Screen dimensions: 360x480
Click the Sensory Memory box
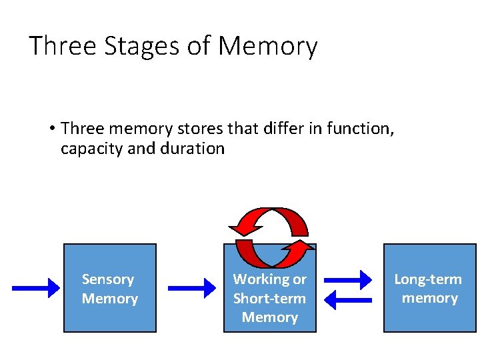[x=109, y=288]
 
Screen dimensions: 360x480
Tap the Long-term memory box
[x=429, y=288]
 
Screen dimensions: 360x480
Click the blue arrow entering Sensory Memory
[x=36, y=288]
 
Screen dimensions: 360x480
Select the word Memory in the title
[x=267, y=47]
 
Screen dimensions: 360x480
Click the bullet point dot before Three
[x=51, y=128]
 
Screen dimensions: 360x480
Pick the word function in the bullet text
[x=360, y=127]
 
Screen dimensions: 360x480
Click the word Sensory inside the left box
[x=108, y=279]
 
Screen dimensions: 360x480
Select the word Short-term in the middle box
[x=269, y=298]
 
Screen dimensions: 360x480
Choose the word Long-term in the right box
[x=428, y=279]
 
